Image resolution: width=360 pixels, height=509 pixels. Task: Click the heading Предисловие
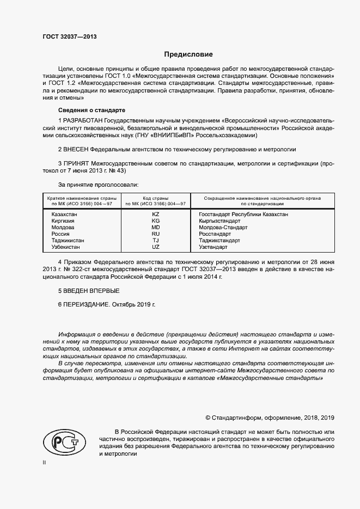tap(189, 54)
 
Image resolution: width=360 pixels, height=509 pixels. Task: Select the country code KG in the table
tap(156, 222)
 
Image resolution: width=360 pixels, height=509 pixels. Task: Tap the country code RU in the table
tap(156, 234)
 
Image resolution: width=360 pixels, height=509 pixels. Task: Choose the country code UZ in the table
tap(156, 247)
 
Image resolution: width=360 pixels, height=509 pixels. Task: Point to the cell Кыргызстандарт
tap(219, 222)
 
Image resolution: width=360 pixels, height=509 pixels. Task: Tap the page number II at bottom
tap(44, 462)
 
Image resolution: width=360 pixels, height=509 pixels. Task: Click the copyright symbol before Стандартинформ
tap(208, 418)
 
